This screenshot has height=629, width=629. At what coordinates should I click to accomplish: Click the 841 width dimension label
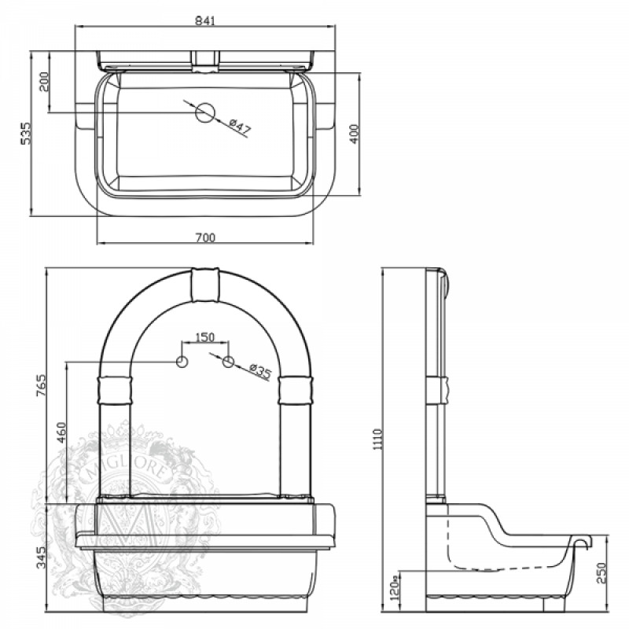205,20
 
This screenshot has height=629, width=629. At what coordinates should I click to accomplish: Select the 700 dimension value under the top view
205,238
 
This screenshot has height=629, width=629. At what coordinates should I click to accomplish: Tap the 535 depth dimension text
26,133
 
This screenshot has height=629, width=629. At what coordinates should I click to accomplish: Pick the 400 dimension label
355,134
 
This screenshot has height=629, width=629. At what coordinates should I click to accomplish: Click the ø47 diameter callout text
241,127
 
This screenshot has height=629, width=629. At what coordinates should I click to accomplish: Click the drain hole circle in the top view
205,112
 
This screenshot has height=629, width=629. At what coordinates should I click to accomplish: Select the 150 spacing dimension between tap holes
204,337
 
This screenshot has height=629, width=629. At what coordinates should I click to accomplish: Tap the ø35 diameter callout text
259,372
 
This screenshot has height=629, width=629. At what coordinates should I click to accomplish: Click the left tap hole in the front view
182,362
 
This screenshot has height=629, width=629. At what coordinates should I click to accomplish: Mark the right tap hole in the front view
228,362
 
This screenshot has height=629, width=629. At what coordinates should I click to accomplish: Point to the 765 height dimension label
42,385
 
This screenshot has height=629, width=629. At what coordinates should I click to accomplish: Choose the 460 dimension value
61,432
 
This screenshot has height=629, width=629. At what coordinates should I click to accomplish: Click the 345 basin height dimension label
42,557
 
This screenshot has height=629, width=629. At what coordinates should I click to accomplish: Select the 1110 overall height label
378,439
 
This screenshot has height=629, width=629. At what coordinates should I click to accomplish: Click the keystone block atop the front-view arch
205,285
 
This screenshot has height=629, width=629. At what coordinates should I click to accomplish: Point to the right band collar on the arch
296,389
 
